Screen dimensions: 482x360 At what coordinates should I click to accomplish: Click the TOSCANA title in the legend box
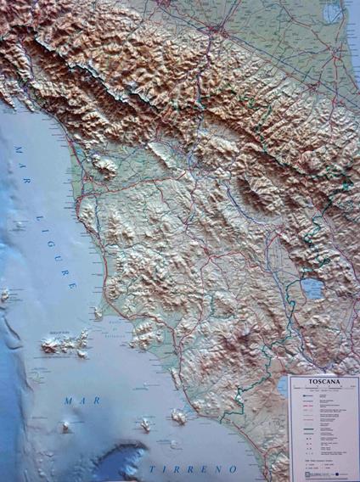(323, 383)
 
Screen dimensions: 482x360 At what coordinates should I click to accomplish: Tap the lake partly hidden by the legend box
(282, 387)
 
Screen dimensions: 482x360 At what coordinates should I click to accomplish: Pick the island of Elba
(66, 342)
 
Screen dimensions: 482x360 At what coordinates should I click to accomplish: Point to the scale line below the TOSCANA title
(323, 390)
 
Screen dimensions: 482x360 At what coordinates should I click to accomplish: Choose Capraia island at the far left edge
(7, 295)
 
